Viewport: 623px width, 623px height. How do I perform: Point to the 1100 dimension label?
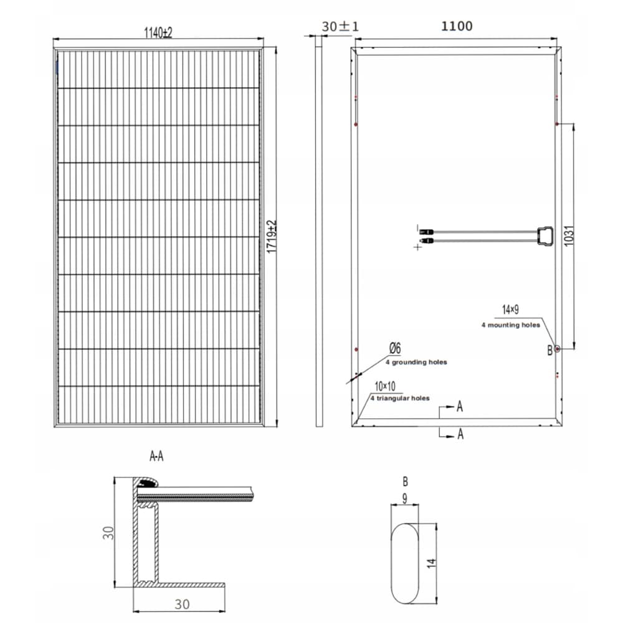(457, 26)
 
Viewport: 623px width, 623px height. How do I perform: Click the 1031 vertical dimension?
(569, 235)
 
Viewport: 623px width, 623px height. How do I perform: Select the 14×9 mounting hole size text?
(511, 309)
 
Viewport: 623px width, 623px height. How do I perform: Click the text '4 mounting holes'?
(510, 325)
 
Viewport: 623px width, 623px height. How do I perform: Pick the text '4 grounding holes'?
(416, 362)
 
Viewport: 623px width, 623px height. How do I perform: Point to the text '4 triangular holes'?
(400, 398)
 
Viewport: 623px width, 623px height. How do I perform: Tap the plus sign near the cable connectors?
(417, 247)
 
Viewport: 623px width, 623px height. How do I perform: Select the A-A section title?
(156, 457)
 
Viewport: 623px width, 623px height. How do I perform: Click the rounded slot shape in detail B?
(405, 563)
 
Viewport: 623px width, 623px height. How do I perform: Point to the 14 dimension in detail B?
(432, 563)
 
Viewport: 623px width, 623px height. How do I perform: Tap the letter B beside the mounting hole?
(549, 350)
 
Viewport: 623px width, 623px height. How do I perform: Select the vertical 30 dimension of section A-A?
(108, 533)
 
